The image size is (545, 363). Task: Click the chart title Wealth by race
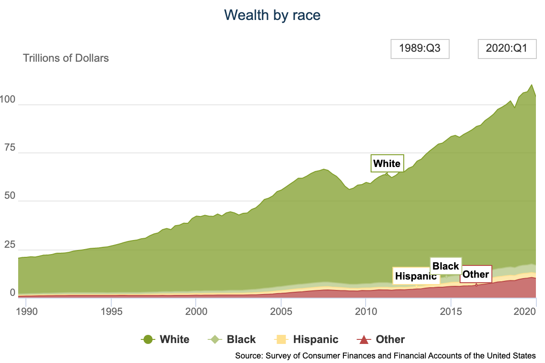click(x=272, y=15)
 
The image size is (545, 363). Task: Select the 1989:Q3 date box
click(x=420, y=49)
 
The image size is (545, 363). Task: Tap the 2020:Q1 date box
click(x=506, y=49)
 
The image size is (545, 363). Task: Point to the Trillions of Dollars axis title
click(x=66, y=58)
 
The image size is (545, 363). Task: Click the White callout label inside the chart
click(x=387, y=164)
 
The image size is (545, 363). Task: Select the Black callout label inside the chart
click(x=446, y=266)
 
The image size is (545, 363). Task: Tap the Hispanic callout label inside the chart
click(x=416, y=276)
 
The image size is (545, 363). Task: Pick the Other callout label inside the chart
click(x=476, y=274)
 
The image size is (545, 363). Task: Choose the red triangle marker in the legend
click(x=363, y=339)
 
